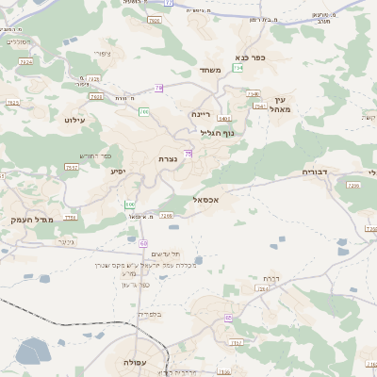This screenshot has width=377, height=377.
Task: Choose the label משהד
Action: pyautogui.click(x=209, y=71)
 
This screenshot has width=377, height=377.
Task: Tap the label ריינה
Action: pyautogui.click(x=201, y=114)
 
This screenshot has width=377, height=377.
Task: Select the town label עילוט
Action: pyautogui.click(x=75, y=120)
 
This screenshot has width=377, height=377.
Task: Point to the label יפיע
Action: pyautogui.click(x=119, y=171)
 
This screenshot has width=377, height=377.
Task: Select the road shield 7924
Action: pyautogui.click(x=25, y=61)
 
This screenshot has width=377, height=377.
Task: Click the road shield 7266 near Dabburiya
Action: pyautogui.click(x=353, y=186)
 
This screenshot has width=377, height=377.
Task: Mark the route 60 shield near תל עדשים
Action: pyautogui.click(x=144, y=243)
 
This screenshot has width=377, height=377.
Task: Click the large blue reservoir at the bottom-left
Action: pyautogui.click(x=31, y=352)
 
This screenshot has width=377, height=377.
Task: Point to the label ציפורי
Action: pyautogui.click(x=104, y=54)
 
